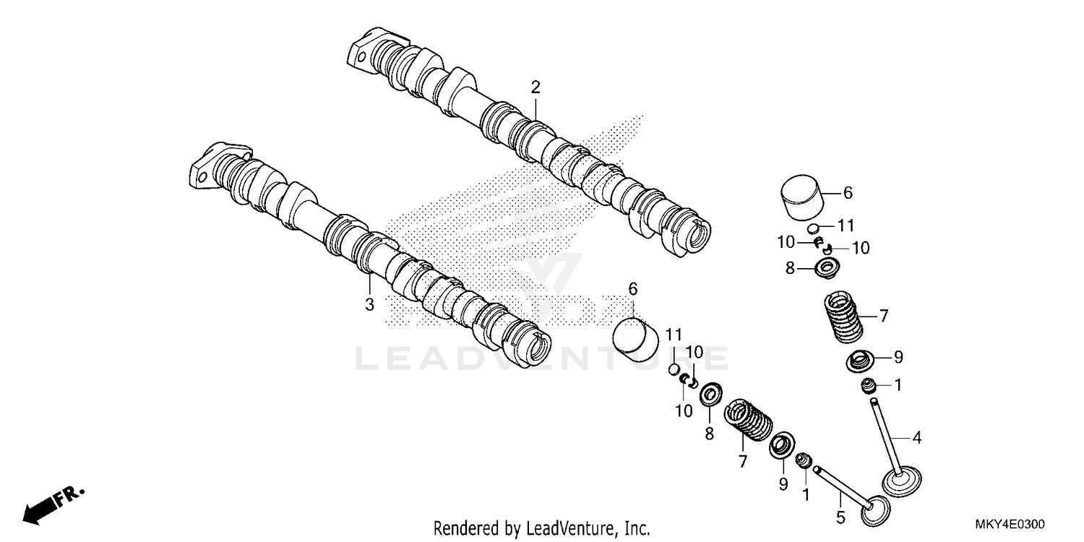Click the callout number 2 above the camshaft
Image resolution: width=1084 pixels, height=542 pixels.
535,87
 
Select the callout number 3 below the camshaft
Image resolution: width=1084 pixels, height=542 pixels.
369,304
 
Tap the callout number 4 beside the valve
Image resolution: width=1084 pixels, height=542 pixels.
916,437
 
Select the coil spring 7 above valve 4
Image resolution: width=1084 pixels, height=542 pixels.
843,317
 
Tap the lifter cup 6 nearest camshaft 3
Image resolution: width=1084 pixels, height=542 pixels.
635,338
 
